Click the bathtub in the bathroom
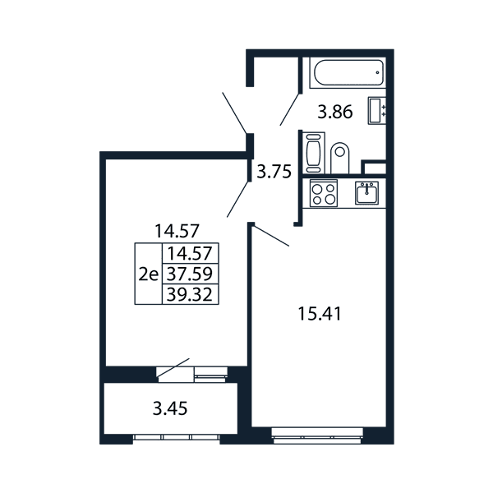[x=348, y=72]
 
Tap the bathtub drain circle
[x=378, y=72]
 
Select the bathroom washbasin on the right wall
[x=377, y=111]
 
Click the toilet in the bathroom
[x=340, y=158]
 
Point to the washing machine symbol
[x=314, y=153]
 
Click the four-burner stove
[x=324, y=193]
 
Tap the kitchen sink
[x=367, y=193]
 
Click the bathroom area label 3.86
[x=335, y=113]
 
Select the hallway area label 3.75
[x=274, y=172]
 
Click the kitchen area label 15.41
[x=320, y=314]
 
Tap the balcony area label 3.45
[x=170, y=408]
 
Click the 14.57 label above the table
[x=177, y=231]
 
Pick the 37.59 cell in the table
[x=191, y=274]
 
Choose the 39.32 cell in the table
[x=191, y=295]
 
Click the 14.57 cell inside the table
[x=191, y=253]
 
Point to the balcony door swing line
[x=173, y=367]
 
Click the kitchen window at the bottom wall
[x=317, y=435]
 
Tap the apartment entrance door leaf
[x=234, y=113]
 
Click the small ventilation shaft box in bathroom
[x=374, y=167]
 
